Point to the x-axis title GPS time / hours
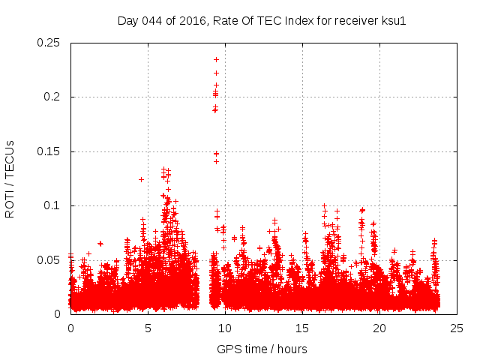(262, 349)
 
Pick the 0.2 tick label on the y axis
(54, 97)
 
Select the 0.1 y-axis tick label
(54, 205)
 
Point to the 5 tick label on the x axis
(148, 328)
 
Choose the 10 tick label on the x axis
(225, 328)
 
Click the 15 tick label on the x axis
(302, 328)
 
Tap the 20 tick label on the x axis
(379, 328)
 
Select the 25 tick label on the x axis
(457, 328)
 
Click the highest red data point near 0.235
(216, 59)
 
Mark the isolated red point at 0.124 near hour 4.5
(141, 179)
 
